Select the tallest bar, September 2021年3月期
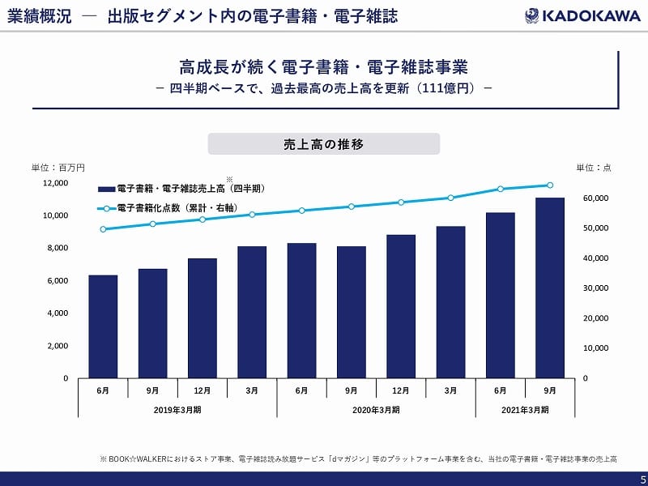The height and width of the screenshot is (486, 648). tap(550, 288)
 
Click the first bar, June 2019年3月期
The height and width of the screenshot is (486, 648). tap(103, 326)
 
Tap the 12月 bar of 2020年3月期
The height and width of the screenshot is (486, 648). tap(401, 306)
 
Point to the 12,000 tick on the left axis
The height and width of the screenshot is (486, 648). tap(55, 183)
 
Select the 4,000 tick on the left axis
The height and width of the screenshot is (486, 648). tap(58, 313)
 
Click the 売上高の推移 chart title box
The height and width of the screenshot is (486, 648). tap(324, 144)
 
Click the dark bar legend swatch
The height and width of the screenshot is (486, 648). tap(105, 188)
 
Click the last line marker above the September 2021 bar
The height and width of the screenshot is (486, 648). tap(550, 185)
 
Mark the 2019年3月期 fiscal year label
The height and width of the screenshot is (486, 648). tap(177, 410)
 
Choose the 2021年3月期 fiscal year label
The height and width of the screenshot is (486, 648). tap(525, 410)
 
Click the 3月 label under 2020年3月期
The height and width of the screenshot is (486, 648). tap(450, 390)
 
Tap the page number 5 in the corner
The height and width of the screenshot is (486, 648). tap(641, 479)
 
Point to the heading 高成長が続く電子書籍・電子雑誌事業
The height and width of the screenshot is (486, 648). tap(324, 66)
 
